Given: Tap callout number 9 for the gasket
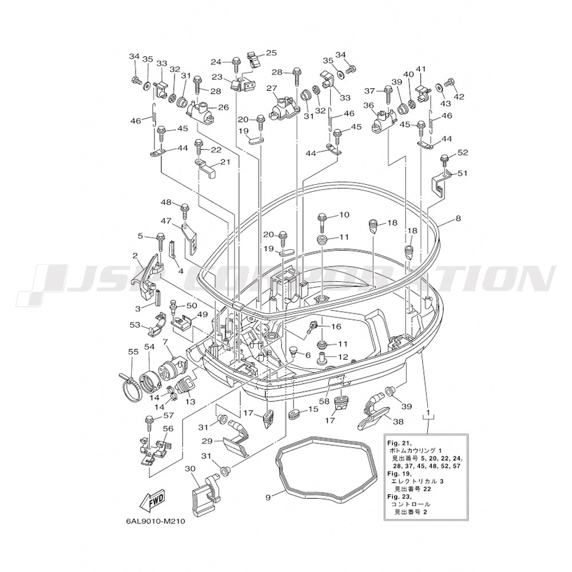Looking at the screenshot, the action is click(x=268, y=497).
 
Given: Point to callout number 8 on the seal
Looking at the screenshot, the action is click(x=458, y=219).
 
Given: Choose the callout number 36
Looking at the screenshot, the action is click(x=369, y=105).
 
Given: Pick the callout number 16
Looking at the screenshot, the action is click(x=336, y=327).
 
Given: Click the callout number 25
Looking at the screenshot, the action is click(x=271, y=53).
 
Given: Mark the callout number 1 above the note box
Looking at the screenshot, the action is click(x=428, y=412).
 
